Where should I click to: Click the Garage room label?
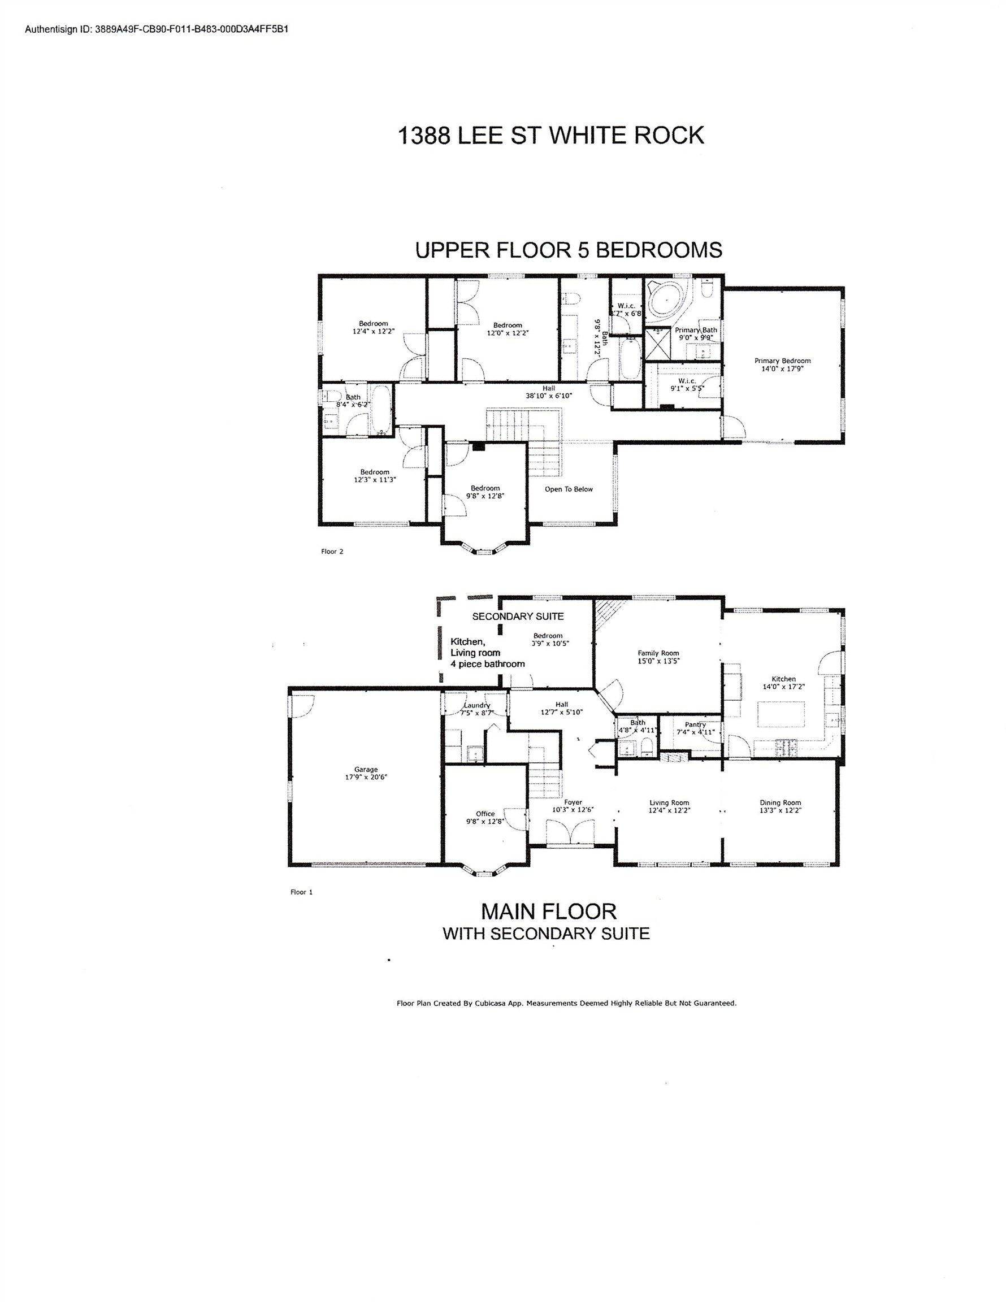pos(366,770)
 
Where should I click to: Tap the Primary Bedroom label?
pos(782,361)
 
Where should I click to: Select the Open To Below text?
pos(569,489)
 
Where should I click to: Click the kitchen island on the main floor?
pos(780,714)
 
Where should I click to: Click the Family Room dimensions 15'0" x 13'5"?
pos(658,661)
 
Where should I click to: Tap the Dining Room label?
pos(780,802)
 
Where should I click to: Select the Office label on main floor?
pos(485,814)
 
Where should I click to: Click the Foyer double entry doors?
pos(571,832)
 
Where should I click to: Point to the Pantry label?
pos(695,725)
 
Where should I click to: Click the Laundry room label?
pos(476,705)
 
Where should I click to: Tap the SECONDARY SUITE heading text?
pos(518,617)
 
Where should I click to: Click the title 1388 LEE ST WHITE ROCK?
pos(550,135)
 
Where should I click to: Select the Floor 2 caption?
pos(332,552)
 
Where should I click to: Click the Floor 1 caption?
pos(301,892)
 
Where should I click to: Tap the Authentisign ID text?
pos(156,29)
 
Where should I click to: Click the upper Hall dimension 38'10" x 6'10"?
pos(549,395)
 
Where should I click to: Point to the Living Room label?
pos(669,802)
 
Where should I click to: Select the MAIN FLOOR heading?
pos(548,912)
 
